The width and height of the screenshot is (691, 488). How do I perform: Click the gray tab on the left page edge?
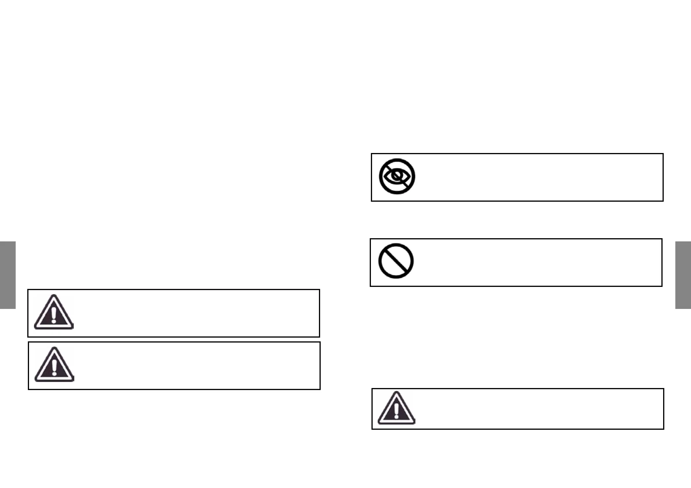pyautogui.click(x=8, y=275)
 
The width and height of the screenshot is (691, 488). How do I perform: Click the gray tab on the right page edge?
pyautogui.click(x=683, y=275)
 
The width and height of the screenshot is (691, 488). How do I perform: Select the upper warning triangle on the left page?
pyautogui.click(x=54, y=312)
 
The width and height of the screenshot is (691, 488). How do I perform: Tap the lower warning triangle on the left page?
pyautogui.click(x=54, y=365)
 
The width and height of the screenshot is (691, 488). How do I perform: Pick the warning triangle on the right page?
pyautogui.click(x=396, y=408)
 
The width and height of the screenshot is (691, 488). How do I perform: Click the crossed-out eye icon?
pyautogui.click(x=397, y=176)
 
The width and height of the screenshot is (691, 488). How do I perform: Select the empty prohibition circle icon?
pyautogui.click(x=396, y=261)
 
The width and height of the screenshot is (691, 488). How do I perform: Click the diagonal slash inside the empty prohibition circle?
pyautogui.click(x=396, y=261)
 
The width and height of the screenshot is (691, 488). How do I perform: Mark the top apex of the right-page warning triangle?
pyautogui.click(x=397, y=392)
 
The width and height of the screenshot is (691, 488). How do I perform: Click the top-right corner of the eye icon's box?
pyautogui.click(x=663, y=154)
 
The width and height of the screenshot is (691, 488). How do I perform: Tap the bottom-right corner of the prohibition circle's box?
pyautogui.click(x=662, y=286)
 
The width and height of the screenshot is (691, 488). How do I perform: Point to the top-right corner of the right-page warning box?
pyautogui.click(x=664, y=389)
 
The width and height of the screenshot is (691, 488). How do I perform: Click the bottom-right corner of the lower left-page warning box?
pyautogui.click(x=320, y=389)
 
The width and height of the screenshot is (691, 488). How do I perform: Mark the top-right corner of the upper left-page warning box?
pyautogui.click(x=319, y=290)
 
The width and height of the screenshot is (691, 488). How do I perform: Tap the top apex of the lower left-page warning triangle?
pyautogui.click(x=54, y=348)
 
